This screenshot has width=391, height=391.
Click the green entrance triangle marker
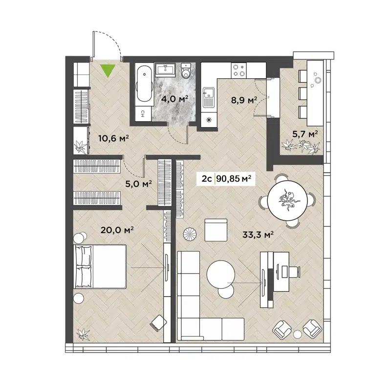(108, 71)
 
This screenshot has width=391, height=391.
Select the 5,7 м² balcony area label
(304, 133)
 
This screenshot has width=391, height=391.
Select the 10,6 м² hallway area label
(113, 139)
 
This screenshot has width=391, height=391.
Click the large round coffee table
(222, 275)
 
